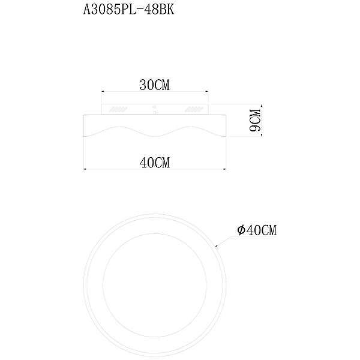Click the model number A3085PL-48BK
tap(128, 10)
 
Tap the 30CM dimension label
tap(155, 85)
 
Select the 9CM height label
tap(256, 120)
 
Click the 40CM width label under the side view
tap(155, 163)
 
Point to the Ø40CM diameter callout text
tap(257, 230)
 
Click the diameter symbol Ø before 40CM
tap(241, 230)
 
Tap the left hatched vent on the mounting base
tap(118, 110)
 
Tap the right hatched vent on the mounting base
tap(194, 110)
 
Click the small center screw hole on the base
tap(155, 107)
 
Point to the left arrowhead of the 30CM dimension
tap(103, 92)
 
